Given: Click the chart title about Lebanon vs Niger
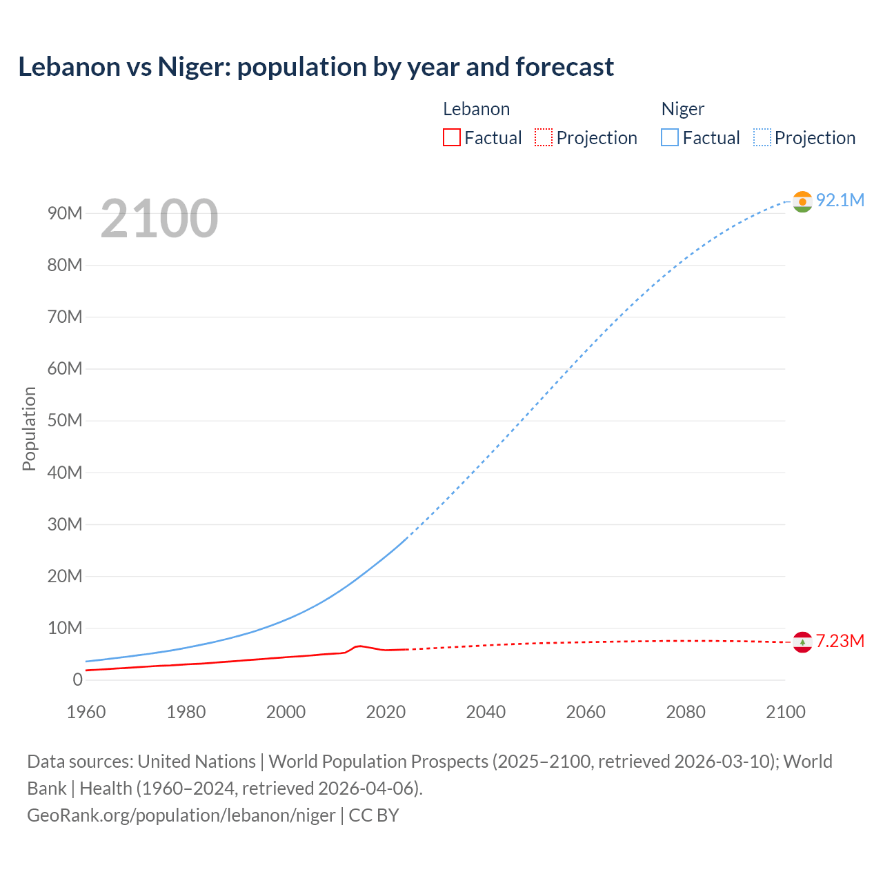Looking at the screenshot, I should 315,67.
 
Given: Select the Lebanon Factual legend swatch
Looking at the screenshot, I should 452,138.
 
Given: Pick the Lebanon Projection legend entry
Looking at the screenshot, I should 586,138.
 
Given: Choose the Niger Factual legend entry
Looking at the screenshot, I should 701,138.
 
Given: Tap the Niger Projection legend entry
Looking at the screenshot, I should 805,138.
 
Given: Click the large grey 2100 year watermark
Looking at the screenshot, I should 159,219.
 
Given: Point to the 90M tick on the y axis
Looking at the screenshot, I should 65,213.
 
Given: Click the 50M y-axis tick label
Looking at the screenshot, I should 65,421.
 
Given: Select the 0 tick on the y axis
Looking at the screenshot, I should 77,680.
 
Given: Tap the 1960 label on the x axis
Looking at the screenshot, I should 86,712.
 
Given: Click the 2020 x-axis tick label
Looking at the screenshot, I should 386,712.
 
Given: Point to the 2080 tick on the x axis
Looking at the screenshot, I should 686,712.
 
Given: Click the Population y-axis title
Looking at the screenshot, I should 29,428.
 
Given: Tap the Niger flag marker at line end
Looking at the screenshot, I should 802,201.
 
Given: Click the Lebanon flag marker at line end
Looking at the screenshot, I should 802,642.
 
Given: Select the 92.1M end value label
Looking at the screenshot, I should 840,200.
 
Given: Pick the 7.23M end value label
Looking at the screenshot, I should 840,642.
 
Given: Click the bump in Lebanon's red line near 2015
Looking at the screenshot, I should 358,646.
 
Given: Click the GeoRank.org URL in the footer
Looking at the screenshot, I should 181,815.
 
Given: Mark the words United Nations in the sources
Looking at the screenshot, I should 197,762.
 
